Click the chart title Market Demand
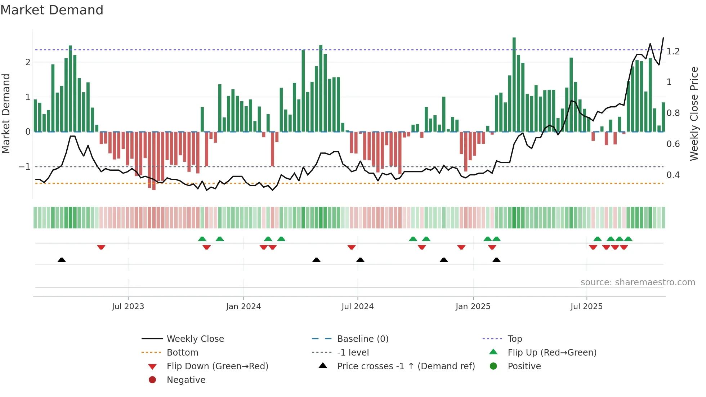(52, 10)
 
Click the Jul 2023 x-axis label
(128, 307)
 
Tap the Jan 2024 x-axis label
(243, 307)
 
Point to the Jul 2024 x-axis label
(357, 307)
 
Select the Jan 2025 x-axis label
(473, 307)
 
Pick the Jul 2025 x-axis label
(586, 307)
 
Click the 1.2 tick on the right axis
(673, 52)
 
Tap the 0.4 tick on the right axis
(673, 175)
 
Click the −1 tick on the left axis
(24, 167)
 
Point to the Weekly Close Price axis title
(694, 113)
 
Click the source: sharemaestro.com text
(638, 282)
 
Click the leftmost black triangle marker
(62, 260)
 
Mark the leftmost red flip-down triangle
(101, 247)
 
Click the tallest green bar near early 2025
(514, 85)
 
